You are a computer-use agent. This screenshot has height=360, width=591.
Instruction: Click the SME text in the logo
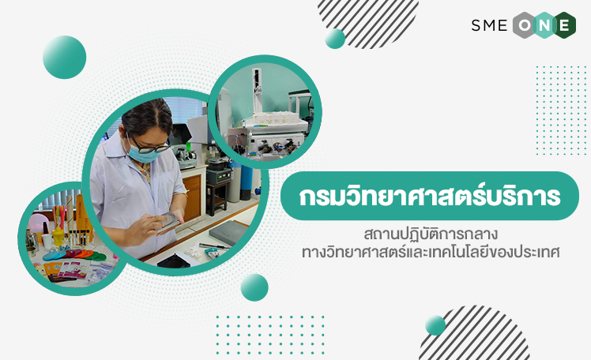[489, 25]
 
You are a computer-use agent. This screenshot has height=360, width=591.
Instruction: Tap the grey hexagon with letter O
[525, 25]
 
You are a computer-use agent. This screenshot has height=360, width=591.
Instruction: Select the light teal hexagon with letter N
[544, 25]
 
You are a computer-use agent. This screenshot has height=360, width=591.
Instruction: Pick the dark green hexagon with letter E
[564, 25]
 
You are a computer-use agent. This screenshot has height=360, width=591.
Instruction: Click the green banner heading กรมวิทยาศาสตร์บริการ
[430, 196]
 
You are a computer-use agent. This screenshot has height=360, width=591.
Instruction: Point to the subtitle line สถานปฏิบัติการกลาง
[431, 234]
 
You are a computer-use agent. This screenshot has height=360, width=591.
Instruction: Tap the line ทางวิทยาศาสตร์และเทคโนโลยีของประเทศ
[431, 253]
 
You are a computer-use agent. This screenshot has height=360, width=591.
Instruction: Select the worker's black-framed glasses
[148, 146]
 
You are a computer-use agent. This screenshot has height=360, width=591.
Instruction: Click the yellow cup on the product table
[58, 236]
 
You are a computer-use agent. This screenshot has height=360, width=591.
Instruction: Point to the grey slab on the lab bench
[229, 232]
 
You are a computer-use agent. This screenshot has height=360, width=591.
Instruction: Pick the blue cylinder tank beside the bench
[247, 182]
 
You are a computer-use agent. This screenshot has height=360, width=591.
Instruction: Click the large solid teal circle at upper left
[65, 58]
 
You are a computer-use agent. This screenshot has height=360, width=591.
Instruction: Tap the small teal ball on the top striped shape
[335, 39]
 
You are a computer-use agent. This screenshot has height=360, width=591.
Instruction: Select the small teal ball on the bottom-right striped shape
[435, 325]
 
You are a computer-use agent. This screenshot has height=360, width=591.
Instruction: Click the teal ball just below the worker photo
[254, 287]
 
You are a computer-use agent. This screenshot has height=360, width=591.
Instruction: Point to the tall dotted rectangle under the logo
[562, 111]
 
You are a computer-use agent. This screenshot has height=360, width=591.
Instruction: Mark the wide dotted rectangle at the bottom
[270, 336]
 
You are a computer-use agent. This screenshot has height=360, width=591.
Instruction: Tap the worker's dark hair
[148, 117]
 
